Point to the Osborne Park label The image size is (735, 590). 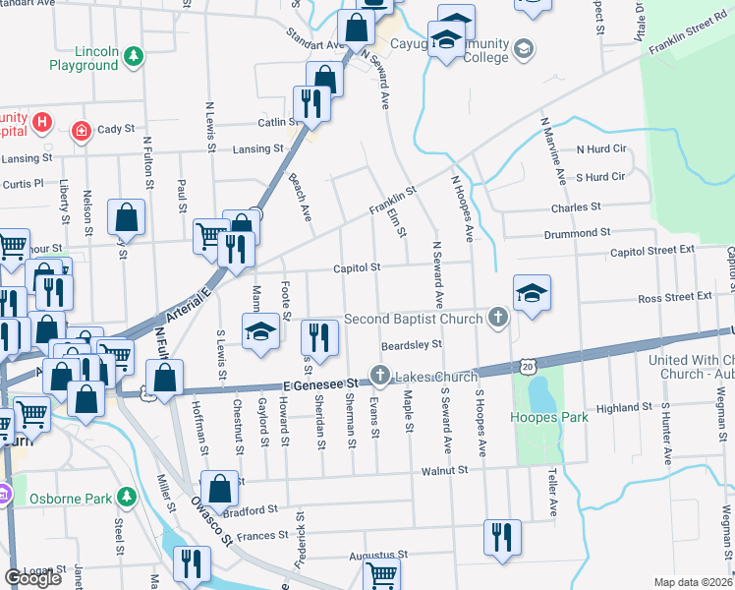coord(71,499)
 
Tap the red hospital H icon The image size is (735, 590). coord(41,123)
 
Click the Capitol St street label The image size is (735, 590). coord(356,266)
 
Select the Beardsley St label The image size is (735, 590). coord(413,345)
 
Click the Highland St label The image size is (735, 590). coord(624,407)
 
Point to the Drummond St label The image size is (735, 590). coord(579,234)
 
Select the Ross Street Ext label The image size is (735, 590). coord(674,296)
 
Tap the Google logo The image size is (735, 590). coord(32,578)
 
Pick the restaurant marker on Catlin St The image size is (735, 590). coord(311,104)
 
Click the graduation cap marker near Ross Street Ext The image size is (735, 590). coord(532,294)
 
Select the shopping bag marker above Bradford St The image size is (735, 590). coord(219,489)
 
